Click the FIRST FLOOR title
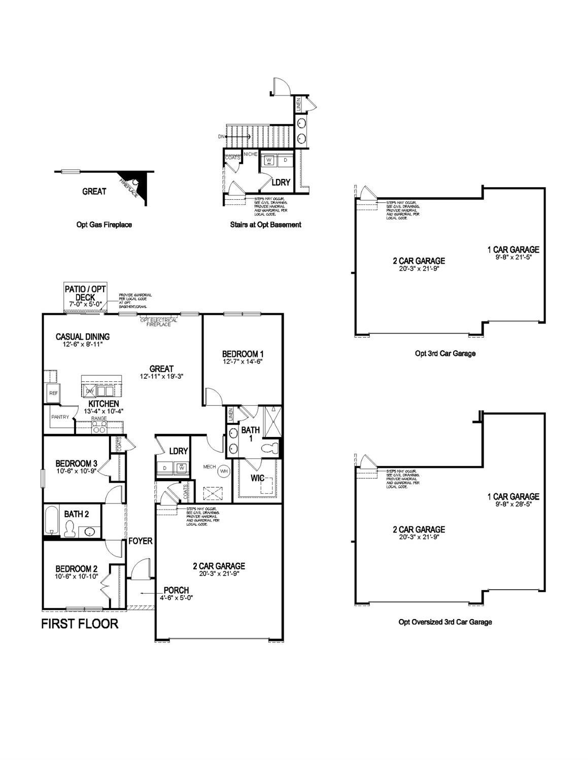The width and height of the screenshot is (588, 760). [80, 624]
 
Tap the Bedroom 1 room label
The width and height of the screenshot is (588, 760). [243, 354]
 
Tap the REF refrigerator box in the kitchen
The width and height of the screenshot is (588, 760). [53, 393]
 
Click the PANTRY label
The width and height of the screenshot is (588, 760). [60, 417]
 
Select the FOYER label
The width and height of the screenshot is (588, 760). [140, 541]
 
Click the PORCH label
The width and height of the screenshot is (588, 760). [176, 590]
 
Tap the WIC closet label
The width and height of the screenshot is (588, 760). [258, 478]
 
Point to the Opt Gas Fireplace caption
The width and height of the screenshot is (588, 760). [100, 225]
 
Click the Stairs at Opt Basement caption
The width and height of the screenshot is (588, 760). [265, 225]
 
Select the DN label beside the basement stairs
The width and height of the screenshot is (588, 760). [221, 137]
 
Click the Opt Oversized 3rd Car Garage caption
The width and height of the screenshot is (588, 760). [445, 622]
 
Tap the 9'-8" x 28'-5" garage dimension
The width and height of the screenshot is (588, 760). [513, 504]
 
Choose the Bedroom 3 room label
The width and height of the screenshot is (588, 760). [76, 463]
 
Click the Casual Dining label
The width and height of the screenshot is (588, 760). [83, 337]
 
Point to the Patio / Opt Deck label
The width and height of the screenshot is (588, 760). [85, 293]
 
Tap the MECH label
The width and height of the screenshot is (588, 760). [210, 466]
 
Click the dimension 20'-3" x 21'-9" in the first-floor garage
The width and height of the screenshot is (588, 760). [219, 574]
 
